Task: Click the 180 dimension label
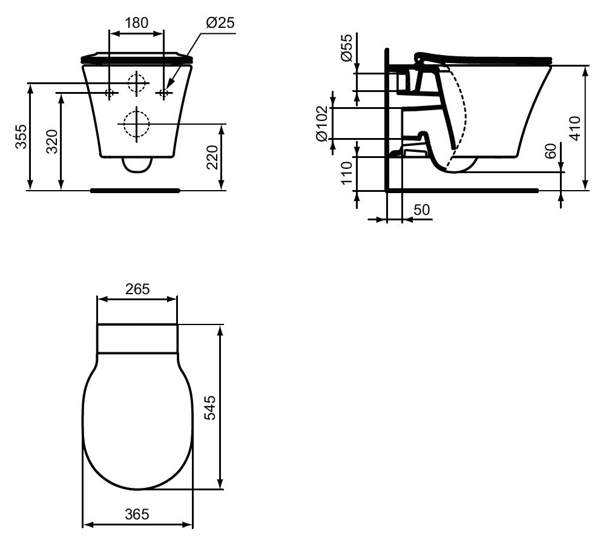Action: tap(136, 23)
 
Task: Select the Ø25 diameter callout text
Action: tap(220, 23)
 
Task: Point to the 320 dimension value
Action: tap(52, 142)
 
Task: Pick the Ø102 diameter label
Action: tap(322, 123)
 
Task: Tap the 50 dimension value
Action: tap(421, 209)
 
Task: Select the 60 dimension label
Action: tap(550, 151)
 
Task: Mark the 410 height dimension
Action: tap(576, 128)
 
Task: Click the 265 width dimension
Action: tap(137, 289)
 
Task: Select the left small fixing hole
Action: tap(110, 93)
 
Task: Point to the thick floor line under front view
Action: tap(136, 190)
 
